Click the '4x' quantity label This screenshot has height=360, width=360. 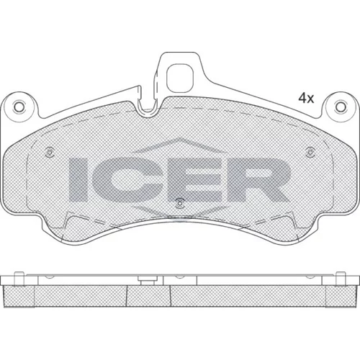pyautogui.click(x=306, y=98)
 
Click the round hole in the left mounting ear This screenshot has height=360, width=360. pyautogui.click(x=19, y=107)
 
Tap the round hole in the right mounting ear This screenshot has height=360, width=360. pyautogui.click(x=340, y=107)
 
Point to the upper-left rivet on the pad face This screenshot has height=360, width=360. pyautogui.click(x=50, y=152)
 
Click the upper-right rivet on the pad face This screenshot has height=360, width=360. pyautogui.click(x=310, y=152)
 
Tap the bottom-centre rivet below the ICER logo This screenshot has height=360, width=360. pyautogui.click(x=179, y=203)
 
